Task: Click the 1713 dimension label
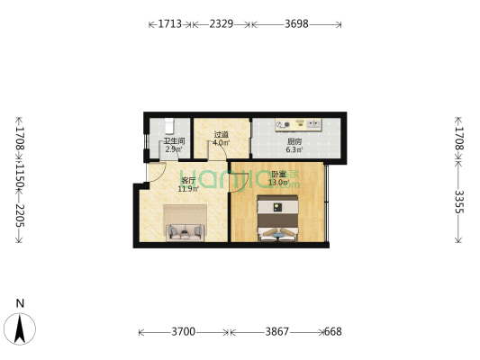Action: point(171,23)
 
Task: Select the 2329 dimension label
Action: point(222,23)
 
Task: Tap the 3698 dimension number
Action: point(295,23)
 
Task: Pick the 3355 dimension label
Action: point(459,209)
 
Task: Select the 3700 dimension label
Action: point(184,332)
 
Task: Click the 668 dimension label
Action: point(332,332)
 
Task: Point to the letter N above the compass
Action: point(19,303)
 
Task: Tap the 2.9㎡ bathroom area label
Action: point(174,148)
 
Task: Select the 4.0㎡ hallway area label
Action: point(221,143)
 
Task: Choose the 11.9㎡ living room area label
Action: point(187,189)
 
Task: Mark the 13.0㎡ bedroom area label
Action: point(278,182)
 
